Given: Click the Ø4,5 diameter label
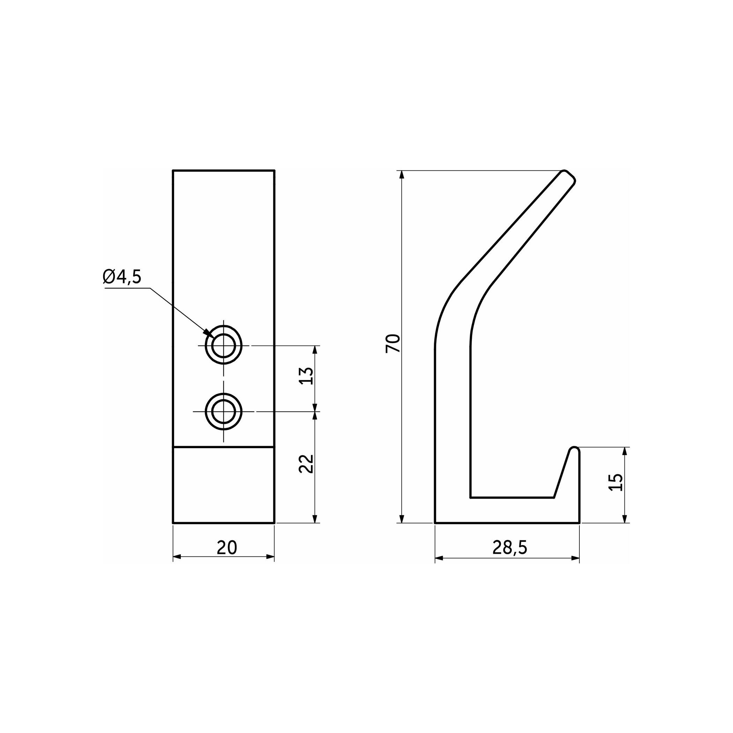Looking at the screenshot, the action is (122, 277).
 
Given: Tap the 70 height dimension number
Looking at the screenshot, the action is (393, 343).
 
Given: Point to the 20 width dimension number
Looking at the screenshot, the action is (227, 547).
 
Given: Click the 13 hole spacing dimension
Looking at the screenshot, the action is (306, 376).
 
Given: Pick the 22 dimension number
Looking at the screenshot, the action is (306, 463).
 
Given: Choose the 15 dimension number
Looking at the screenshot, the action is (616, 483).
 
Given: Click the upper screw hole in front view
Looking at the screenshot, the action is (223, 346).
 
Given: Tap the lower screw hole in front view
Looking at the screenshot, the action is (223, 412).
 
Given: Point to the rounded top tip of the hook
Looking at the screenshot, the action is (569, 177).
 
